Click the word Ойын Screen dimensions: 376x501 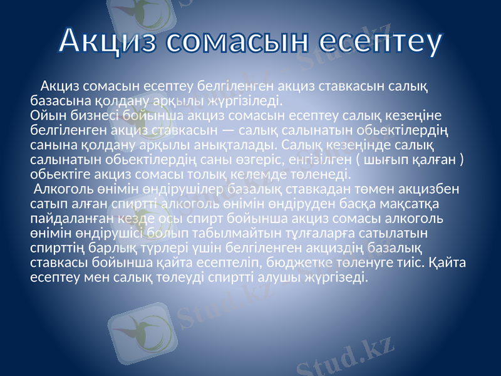tap(46, 115)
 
